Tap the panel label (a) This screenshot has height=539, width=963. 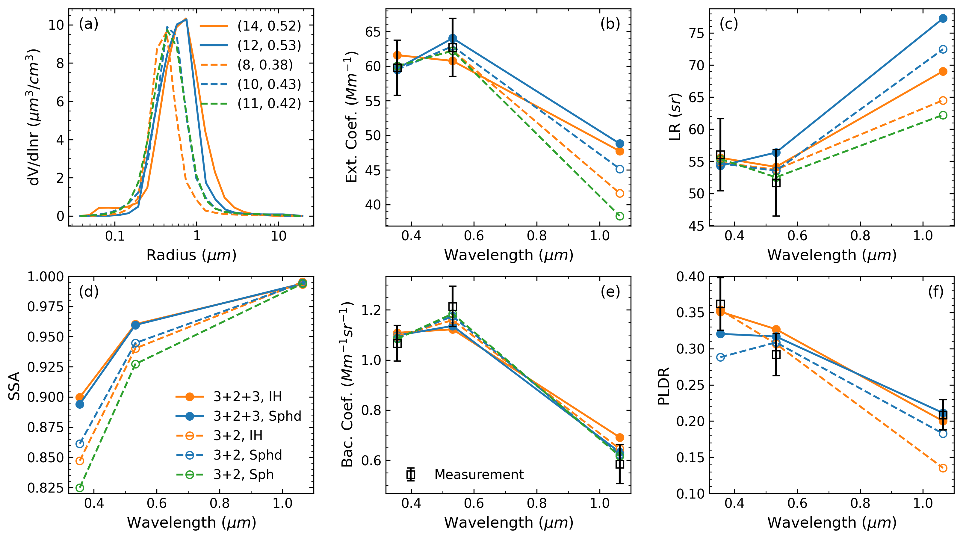point(89,24)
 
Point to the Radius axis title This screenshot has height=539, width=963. point(191,255)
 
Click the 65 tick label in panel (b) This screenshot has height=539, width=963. point(373,32)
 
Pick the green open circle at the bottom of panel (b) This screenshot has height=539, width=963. point(620,216)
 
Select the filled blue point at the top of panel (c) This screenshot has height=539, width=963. point(943,18)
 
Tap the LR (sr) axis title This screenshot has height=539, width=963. point(675,117)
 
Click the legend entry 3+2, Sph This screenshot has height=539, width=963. point(243,475)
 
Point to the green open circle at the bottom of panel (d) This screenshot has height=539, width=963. point(80,488)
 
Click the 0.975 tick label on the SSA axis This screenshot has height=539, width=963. point(46,307)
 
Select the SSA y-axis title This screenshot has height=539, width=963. point(14,386)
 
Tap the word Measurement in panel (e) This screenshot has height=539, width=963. point(479,475)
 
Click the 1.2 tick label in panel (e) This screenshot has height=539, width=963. point(371,310)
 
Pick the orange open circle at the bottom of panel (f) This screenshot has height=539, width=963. point(943,468)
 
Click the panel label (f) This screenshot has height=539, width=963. point(935,292)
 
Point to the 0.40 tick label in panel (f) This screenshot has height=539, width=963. point(690,277)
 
